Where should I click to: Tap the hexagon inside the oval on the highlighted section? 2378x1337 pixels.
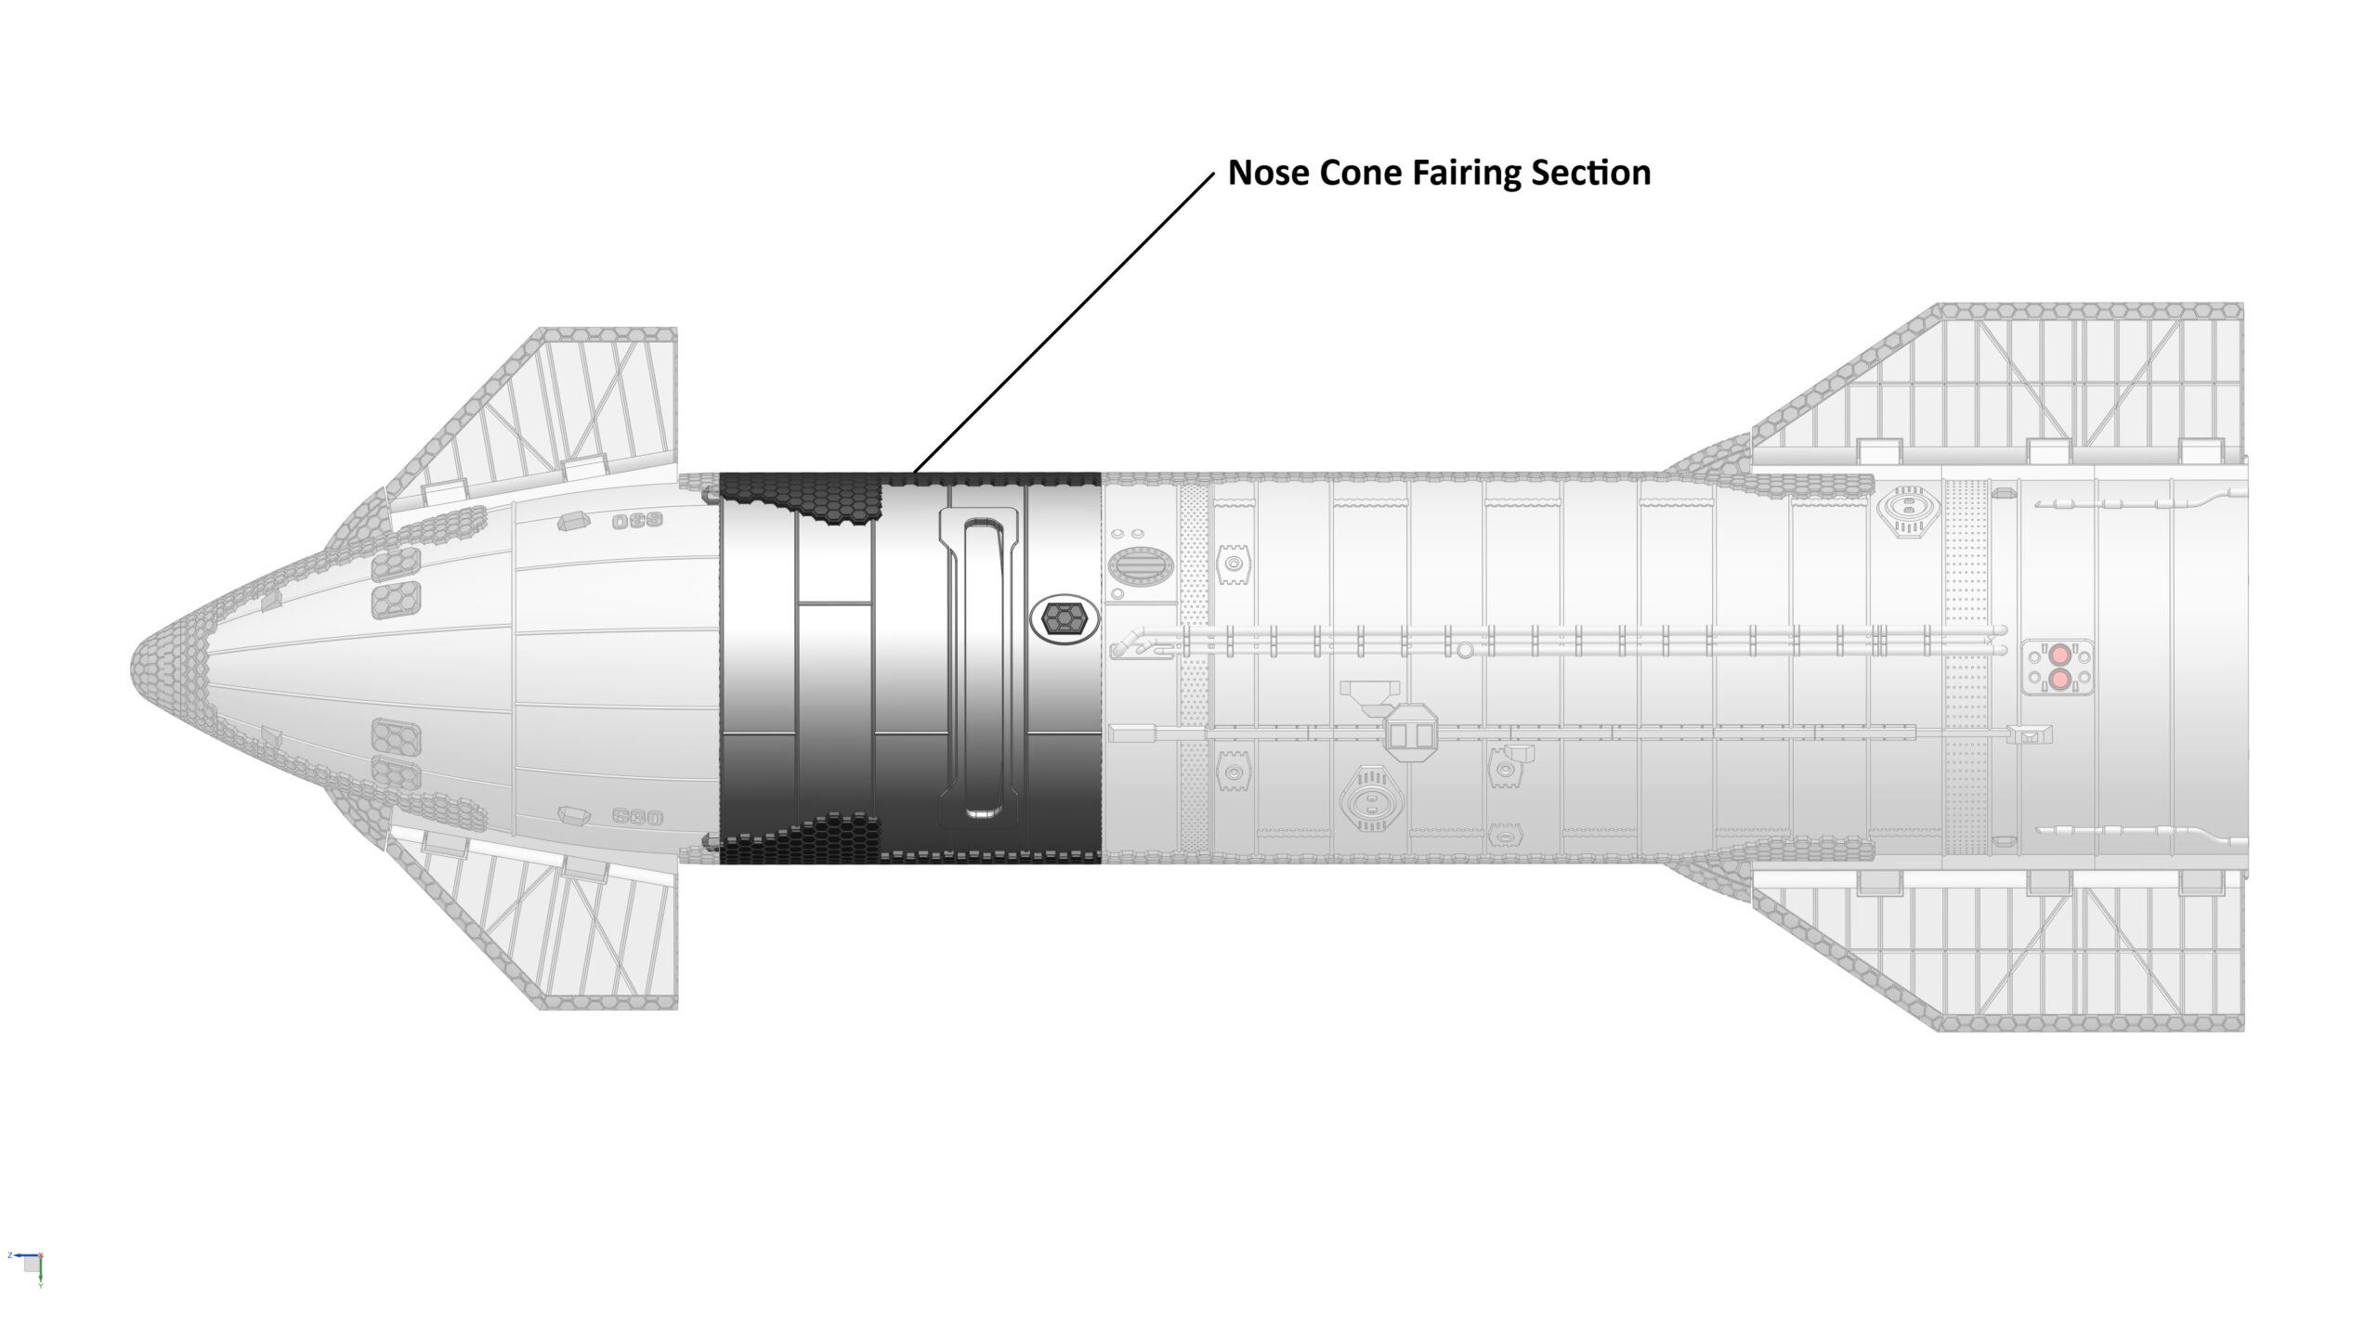(1064, 617)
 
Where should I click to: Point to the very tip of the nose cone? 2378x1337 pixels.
(131, 668)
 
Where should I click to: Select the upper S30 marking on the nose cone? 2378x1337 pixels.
(636, 521)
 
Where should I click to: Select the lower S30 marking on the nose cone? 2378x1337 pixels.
(637, 818)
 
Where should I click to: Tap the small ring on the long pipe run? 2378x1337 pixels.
(1465, 650)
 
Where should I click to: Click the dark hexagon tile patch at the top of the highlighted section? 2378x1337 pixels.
(799, 492)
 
